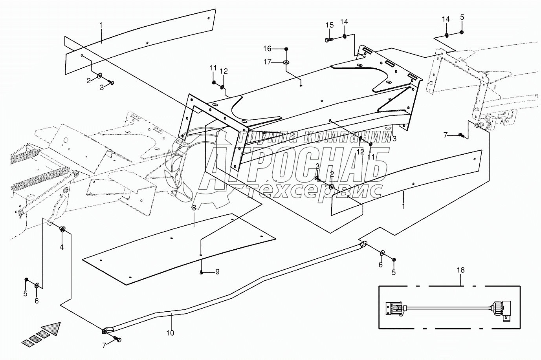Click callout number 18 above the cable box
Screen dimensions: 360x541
point(460,270)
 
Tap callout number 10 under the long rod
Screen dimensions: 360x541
point(170,333)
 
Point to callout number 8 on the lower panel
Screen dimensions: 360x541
point(194,208)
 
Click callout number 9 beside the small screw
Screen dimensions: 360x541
point(217,272)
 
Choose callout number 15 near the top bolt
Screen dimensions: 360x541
point(329,25)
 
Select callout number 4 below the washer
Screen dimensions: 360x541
point(62,247)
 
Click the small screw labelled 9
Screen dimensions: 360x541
point(201,272)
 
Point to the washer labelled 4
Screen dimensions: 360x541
point(62,229)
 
